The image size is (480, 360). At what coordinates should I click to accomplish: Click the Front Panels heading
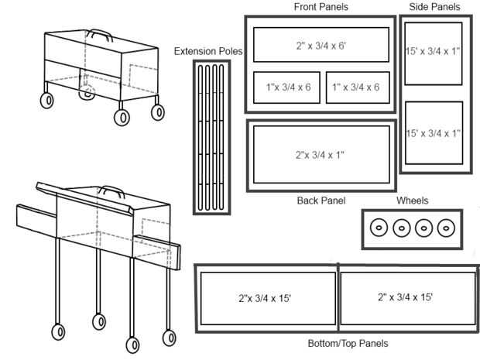pyautogui.click(x=321, y=7)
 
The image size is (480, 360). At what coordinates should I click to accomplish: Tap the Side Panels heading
pyautogui.click(x=434, y=7)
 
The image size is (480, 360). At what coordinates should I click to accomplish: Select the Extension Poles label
pyautogui.click(x=207, y=52)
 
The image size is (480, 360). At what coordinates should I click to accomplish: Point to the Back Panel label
pyautogui.click(x=321, y=201)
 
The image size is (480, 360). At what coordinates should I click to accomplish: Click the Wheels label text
pyautogui.click(x=412, y=201)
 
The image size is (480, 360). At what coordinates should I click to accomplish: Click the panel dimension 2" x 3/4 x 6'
pyautogui.click(x=321, y=46)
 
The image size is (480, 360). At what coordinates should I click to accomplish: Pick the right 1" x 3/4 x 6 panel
pyautogui.click(x=355, y=87)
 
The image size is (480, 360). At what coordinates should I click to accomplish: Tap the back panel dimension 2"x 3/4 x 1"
pyautogui.click(x=320, y=155)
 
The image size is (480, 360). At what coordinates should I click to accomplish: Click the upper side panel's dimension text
pyautogui.click(x=433, y=52)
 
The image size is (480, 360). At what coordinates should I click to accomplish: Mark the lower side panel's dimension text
pyautogui.click(x=433, y=133)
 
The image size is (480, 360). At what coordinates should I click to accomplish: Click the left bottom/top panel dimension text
pyautogui.click(x=265, y=297)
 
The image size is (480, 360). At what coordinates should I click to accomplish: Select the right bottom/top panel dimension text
pyautogui.click(x=405, y=297)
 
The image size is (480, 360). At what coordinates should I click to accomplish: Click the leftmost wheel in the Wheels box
pyautogui.click(x=379, y=228)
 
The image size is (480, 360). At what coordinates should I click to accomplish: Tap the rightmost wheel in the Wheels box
pyautogui.click(x=445, y=228)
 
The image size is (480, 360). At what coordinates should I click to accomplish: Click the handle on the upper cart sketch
pyautogui.click(x=98, y=33)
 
